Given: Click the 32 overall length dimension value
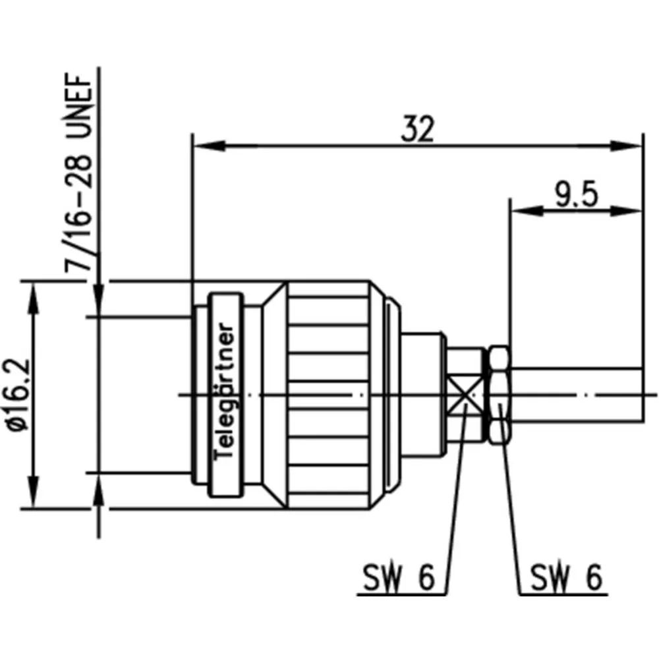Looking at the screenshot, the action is pyautogui.click(x=417, y=129).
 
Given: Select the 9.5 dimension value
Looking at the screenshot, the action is pyautogui.click(x=576, y=195).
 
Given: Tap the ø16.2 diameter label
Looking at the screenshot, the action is pyautogui.click(x=19, y=395).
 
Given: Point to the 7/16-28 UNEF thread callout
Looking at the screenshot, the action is pyautogui.click(x=78, y=173).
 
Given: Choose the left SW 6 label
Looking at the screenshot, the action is pyautogui.click(x=398, y=577).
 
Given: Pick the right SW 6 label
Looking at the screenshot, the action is pyautogui.click(x=566, y=577).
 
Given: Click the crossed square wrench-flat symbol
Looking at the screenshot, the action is pyautogui.click(x=465, y=395).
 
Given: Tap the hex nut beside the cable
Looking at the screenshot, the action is pyautogui.click(x=500, y=395).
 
